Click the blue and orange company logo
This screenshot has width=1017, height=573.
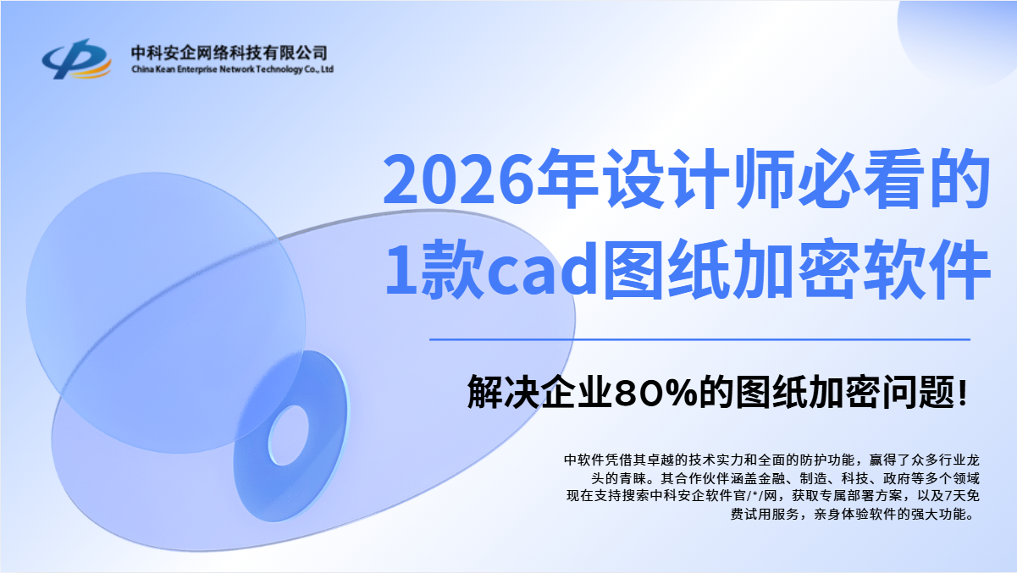click(76, 59)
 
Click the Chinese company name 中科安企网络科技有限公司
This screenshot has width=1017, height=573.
click(229, 53)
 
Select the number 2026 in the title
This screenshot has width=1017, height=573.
click(458, 180)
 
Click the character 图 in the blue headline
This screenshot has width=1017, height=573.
click(633, 270)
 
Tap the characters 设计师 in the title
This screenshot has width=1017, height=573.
click(699, 179)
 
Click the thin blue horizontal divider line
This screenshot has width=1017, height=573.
click(699, 339)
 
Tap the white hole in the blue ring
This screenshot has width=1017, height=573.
click(288, 436)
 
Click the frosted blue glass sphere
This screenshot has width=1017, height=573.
click(166, 312)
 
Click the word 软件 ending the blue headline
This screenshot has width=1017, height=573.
click(926, 270)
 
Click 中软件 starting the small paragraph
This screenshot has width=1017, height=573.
click(584, 460)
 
